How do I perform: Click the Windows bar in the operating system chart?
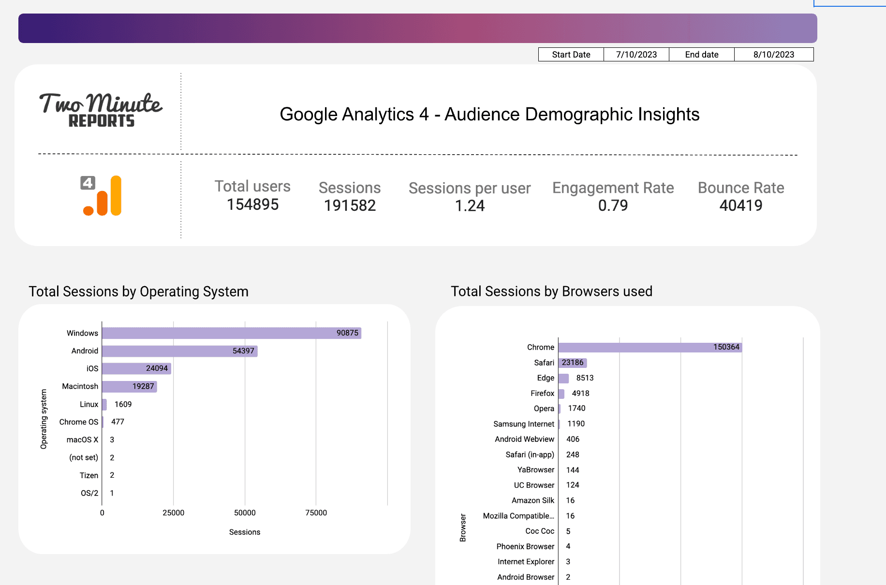tap(231, 333)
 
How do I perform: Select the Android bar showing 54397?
tap(179, 351)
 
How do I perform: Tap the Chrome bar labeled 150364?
tap(650, 347)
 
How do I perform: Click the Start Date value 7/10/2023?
tap(636, 55)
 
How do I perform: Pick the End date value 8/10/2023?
tap(773, 55)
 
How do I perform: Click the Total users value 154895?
tap(252, 205)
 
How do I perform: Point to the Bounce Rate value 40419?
tap(740, 205)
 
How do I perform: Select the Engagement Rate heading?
tap(613, 188)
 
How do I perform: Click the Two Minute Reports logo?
tap(101, 110)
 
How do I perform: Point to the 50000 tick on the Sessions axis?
tap(245, 512)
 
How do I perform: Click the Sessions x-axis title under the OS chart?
tap(244, 532)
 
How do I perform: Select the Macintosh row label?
tap(80, 386)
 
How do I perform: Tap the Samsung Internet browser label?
tap(523, 424)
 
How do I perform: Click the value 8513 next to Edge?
tap(584, 378)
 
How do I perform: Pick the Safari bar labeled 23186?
tap(572, 363)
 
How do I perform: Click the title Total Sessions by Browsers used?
tap(551, 292)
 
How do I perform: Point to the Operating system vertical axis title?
tap(44, 419)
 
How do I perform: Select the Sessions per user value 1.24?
tap(470, 206)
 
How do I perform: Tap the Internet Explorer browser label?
tap(526, 562)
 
